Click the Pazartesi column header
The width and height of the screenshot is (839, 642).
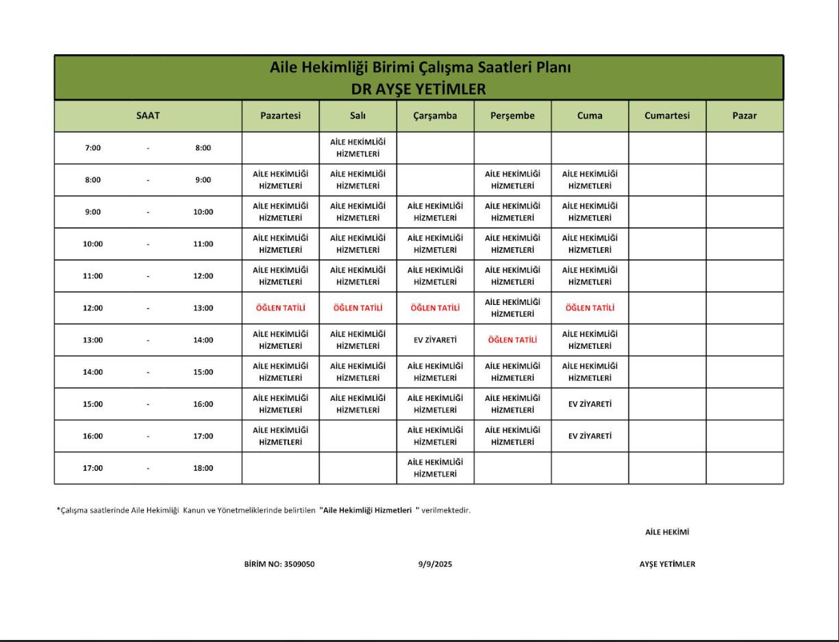280,116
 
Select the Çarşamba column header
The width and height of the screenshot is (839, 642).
435,116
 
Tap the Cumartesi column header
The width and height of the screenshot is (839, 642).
667,116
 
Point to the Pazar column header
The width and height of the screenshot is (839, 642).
744,116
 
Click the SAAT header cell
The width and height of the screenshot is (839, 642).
148,116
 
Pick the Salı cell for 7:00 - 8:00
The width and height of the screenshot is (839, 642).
358,148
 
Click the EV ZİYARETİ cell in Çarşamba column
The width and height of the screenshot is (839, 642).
435,340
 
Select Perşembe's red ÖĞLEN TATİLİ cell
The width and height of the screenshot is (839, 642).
512,340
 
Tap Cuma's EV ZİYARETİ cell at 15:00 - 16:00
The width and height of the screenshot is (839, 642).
590,404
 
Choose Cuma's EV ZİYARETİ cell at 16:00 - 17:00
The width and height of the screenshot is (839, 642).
590,436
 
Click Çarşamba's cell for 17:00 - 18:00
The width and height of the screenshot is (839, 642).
435,468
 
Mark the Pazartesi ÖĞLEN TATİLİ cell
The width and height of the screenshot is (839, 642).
280,308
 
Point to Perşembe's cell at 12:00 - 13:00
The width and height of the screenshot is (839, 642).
512,308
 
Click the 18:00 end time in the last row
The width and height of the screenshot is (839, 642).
203,469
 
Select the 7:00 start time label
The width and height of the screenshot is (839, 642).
92,148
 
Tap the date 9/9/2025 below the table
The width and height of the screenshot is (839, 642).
435,565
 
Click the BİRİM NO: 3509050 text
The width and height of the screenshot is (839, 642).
279,565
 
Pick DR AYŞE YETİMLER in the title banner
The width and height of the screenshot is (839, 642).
418,89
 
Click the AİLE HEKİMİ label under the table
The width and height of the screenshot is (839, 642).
666,532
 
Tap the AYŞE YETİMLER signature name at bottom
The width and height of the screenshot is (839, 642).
666,565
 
